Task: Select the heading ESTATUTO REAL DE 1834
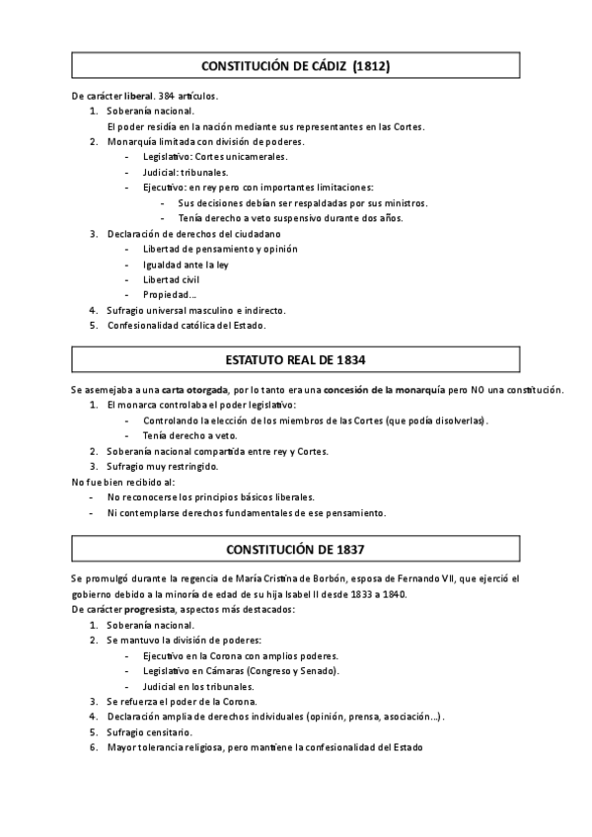pos(296,360)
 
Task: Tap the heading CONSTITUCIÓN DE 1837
pos(296,548)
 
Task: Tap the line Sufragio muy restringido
pos(163,466)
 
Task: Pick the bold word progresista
pos(146,610)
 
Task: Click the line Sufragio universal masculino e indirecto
pos(196,310)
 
